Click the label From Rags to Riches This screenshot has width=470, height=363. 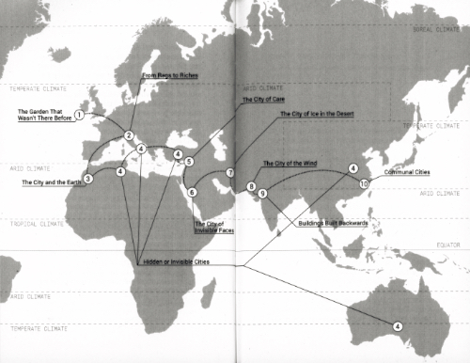170,74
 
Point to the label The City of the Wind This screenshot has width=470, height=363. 292,164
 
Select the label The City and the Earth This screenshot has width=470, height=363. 52,182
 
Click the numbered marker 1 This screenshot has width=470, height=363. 80,114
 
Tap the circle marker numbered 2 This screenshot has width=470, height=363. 128,136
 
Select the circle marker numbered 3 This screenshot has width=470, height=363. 87,177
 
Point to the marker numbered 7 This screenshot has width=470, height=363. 229,173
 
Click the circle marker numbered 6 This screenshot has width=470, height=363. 192,192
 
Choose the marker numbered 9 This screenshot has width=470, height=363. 263,193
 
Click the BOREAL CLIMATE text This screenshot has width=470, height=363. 434,29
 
